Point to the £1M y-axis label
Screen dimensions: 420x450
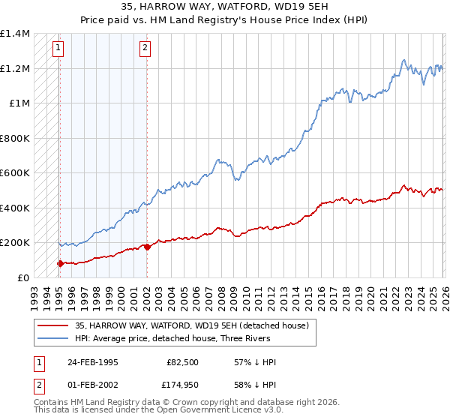pos(19,103)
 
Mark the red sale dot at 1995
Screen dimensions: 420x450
pos(60,263)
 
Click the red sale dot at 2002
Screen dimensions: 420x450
pos(147,247)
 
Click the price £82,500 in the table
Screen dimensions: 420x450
pos(183,362)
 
